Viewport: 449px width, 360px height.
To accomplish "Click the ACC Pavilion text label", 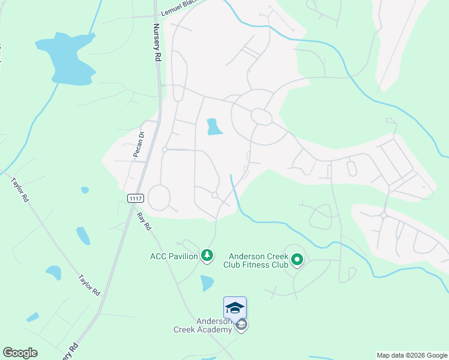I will coord(174,256).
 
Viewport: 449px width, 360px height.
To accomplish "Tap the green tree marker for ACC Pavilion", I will coord(207,256).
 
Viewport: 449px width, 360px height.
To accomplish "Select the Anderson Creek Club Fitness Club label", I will coord(256,260).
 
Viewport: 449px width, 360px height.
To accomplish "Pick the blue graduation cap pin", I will coord(235,308).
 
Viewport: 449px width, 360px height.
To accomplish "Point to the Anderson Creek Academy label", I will coord(203,325).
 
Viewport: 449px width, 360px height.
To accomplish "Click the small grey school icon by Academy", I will coord(241,325).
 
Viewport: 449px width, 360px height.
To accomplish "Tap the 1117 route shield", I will coord(135,198).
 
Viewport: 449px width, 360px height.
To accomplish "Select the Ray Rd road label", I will coord(142,221).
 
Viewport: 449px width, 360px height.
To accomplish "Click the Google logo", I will coord(20,353).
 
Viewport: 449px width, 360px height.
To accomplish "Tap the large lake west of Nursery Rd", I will coord(67,57).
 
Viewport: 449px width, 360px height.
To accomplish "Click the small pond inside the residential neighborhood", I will coord(213,127).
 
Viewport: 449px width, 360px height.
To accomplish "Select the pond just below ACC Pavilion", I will coord(206,282).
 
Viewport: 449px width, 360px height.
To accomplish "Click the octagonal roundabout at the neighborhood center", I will coord(262,116).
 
